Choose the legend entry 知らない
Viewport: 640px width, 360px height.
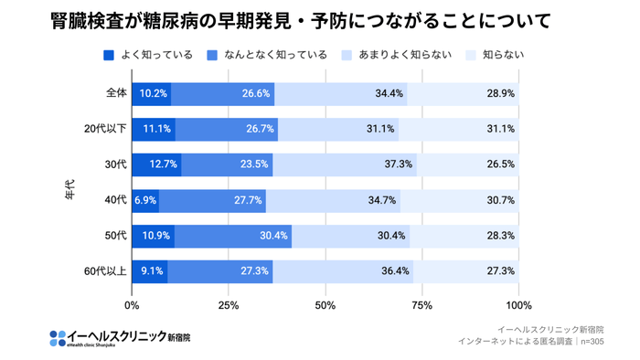point(497,55)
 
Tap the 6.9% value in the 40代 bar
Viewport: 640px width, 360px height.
point(146,200)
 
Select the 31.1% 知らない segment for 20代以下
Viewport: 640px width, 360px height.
point(501,129)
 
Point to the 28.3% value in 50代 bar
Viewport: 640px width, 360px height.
point(501,236)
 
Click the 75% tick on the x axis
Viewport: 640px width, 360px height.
point(422,305)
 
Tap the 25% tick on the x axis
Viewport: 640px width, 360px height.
point(229,305)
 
